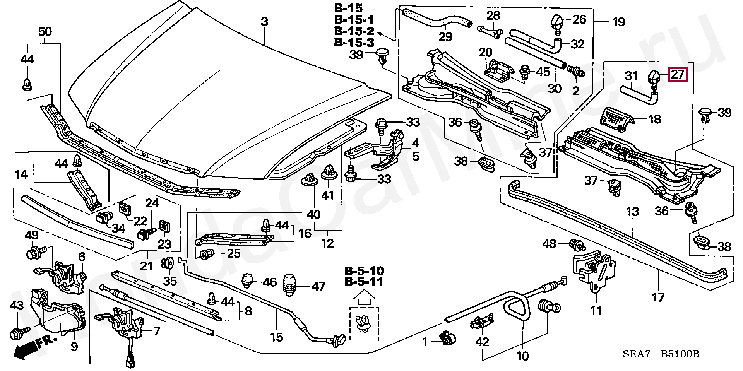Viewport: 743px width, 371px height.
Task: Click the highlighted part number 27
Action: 678,74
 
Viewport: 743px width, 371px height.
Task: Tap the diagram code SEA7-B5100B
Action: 661,354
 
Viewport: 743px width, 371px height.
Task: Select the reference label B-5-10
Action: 364,271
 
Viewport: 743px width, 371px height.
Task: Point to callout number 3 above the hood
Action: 264,22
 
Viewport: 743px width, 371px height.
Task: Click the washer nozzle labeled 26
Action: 558,22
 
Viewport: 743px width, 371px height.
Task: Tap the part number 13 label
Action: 633,212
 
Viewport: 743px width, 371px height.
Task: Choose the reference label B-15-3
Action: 354,43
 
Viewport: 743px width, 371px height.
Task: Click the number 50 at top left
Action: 46,32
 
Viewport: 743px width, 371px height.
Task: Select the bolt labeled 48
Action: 577,245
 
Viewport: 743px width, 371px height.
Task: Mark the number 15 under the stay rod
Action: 277,337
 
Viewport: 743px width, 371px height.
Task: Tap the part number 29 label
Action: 445,37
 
